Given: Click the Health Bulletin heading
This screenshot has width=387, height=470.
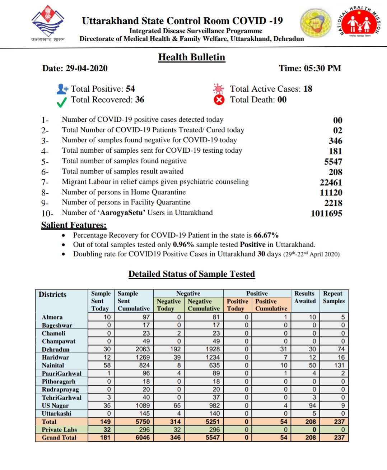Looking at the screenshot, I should [x=191, y=57].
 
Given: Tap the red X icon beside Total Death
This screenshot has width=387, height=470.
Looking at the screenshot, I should [x=219, y=100].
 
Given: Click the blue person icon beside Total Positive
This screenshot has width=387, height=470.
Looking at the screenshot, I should [x=62, y=89].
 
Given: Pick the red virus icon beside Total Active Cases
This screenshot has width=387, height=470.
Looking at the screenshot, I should [x=218, y=88].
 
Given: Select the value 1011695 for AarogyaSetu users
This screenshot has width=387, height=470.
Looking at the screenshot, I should [x=326, y=213].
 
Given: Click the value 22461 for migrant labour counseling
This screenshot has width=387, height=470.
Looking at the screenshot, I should [x=331, y=183].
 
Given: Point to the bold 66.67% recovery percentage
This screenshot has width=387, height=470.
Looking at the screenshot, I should [x=266, y=235].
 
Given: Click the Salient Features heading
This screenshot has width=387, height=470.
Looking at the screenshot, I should [x=74, y=225].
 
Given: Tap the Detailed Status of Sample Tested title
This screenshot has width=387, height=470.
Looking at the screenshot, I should [x=191, y=274].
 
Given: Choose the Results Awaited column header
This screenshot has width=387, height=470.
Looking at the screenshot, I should [x=305, y=297].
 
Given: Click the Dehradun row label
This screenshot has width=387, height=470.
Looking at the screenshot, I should [x=56, y=349].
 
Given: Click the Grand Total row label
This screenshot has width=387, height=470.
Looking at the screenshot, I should [x=59, y=438].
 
